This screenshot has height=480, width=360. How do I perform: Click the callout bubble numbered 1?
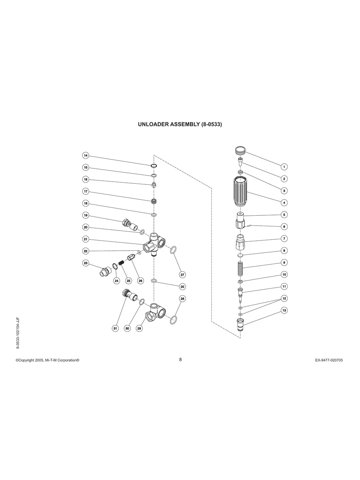[x=284, y=167]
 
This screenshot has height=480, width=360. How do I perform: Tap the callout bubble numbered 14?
[x=85, y=155]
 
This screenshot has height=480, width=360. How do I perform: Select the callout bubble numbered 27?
[x=183, y=275]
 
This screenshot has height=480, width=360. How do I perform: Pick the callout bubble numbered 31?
[x=115, y=328]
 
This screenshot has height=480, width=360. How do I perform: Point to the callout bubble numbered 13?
[x=284, y=310]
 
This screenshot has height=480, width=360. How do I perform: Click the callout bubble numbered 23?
[x=85, y=263]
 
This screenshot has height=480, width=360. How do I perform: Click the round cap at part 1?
[x=239, y=151]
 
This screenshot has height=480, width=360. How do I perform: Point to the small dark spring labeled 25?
[x=122, y=263]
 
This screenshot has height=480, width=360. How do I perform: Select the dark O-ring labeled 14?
[x=154, y=166]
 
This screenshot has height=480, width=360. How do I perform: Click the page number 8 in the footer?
[x=180, y=359]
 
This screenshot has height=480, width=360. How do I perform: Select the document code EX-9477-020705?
[x=329, y=360]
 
